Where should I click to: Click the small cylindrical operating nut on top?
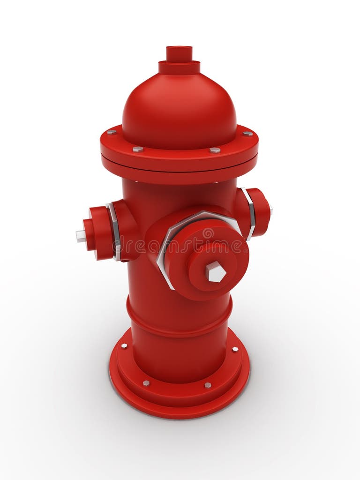179,54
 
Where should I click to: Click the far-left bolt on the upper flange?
111,132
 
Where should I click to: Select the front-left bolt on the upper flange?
138,149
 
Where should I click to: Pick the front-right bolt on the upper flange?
215,150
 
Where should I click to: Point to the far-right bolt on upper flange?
247,133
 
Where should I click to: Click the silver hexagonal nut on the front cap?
216,271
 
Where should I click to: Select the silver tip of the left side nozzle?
81,236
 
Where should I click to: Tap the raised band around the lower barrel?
179,319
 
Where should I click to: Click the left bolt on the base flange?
124,346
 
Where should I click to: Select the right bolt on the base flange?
235,349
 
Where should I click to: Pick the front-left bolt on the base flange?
146,383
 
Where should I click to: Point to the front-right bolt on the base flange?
208,385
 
